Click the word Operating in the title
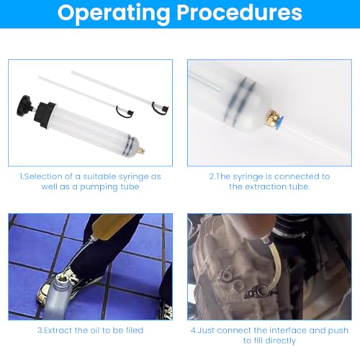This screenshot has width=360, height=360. point(114,13)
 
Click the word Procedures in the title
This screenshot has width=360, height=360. point(239,12)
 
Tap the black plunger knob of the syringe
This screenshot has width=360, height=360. point(24,106)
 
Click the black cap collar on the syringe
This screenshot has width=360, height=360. point(45,115)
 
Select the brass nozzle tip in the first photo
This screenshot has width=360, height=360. point(141,150)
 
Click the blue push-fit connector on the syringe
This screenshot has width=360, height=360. point(280,122)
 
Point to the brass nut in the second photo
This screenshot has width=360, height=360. point(271,117)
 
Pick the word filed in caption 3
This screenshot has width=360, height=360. point(135,330)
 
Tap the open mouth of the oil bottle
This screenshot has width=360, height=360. point(63,279)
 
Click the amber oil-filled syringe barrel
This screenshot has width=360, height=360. point(112,225)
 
